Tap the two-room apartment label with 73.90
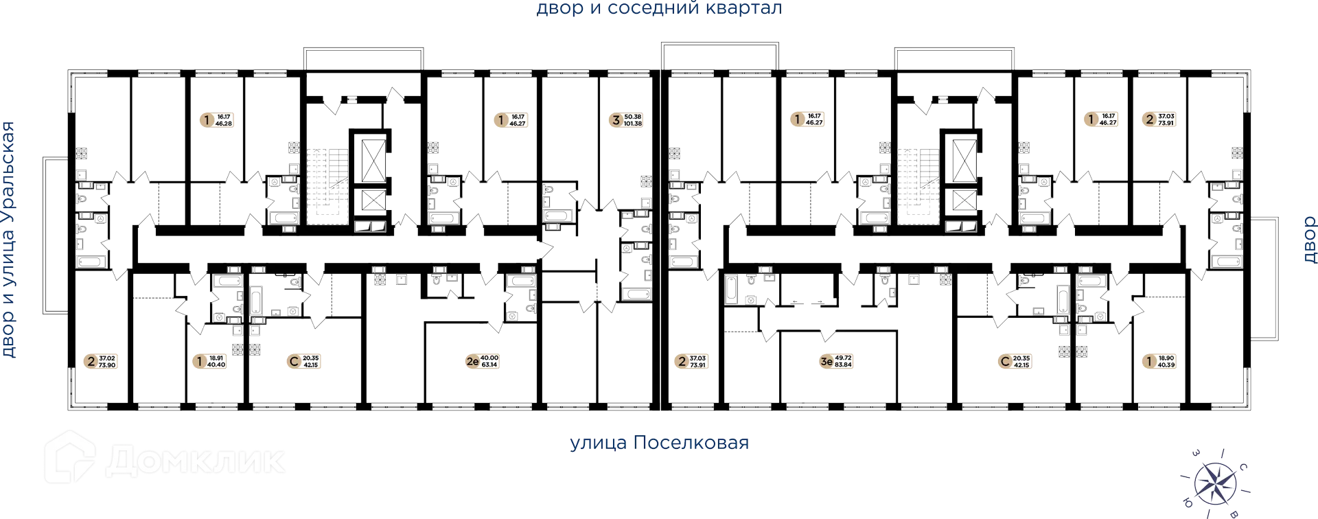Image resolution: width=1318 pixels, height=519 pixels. coord(100,362)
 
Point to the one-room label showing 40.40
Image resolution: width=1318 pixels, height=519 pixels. coord(211,362)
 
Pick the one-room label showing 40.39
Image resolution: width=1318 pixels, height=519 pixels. coord(1158,362)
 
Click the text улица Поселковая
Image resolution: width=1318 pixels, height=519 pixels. coord(659,443)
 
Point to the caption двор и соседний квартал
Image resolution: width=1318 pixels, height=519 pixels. coord(659,9)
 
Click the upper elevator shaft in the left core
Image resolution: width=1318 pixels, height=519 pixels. coord(371,157)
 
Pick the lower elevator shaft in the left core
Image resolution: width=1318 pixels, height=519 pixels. coord(371,201)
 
